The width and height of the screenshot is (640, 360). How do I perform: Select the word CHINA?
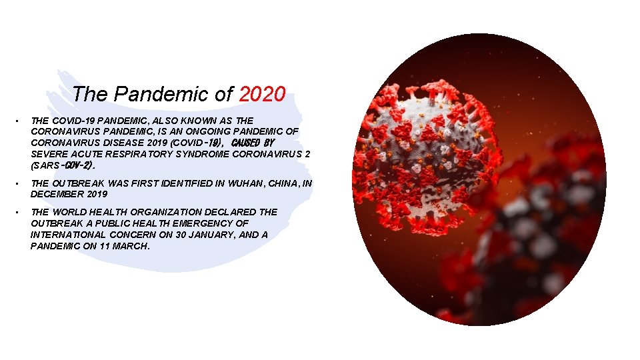283,183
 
